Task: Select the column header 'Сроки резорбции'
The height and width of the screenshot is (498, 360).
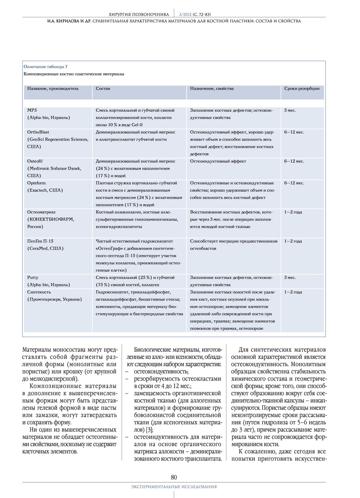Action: pyautogui.click(x=302, y=89)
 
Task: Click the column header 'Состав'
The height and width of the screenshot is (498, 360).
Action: pyautogui.click(x=103, y=89)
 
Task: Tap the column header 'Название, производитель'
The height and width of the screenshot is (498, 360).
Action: pyautogui.click(x=53, y=89)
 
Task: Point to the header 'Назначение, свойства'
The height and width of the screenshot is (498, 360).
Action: pyautogui.click(x=212, y=89)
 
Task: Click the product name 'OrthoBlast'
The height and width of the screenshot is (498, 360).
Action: pyautogui.click(x=38, y=132)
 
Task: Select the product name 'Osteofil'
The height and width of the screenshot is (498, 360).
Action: pyautogui.click(x=35, y=161)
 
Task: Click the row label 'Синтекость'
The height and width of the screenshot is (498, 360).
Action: pyautogui.click(x=39, y=292)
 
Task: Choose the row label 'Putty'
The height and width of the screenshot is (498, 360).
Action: pyautogui.click(x=33, y=277)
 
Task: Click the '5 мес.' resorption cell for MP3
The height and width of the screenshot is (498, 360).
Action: pyautogui.click(x=290, y=110)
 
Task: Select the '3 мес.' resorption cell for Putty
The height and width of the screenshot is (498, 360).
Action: pyautogui.click(x=290, y=277)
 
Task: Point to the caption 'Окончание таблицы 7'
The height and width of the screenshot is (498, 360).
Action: pyautogui.click(x=45, y=67)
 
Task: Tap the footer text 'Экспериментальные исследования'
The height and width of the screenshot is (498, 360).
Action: pyautogui.click(x=174, y=487)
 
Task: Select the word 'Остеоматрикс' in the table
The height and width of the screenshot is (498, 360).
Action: pyautogui.click(x=42, y=212)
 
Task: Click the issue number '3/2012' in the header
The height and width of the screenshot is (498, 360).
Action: pyautogui.click(x=186, y=14)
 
